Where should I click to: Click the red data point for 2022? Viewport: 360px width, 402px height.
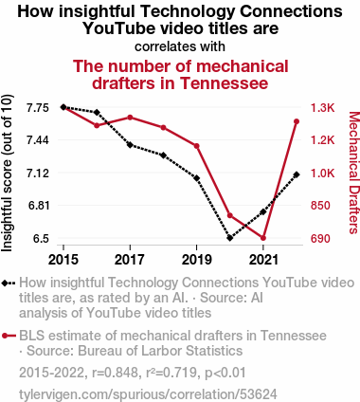point(297,121)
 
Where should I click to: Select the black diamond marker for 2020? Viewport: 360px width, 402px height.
point(230,238)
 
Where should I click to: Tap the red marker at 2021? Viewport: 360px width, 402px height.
point(263,238)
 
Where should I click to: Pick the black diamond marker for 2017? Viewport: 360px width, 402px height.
point(130,145)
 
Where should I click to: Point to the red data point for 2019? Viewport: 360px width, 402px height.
point(196,146)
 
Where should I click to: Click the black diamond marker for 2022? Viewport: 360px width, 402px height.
point(297,174)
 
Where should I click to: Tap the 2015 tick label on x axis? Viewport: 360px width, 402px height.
point(63,260)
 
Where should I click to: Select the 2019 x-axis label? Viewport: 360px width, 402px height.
point(196,260)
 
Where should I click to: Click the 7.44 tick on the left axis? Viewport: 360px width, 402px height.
point(38,140)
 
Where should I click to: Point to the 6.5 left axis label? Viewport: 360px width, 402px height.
point(41,238)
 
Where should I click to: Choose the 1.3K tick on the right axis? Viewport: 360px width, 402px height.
point(322,108)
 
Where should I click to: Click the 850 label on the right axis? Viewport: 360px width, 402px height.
point(320,206)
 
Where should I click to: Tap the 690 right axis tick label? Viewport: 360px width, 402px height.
point(320,238)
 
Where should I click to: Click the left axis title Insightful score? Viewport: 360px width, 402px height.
point(7,174)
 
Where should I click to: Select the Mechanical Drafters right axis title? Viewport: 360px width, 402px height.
point(354,173)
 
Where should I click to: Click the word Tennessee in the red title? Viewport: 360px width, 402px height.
point(225,83)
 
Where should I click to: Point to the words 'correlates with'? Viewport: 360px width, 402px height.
point(180,46)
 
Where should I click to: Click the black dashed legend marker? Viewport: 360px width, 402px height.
point(9,283)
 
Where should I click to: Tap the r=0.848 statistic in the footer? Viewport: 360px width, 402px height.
point(115,373)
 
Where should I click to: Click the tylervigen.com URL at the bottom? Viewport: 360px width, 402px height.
point(148,394)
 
